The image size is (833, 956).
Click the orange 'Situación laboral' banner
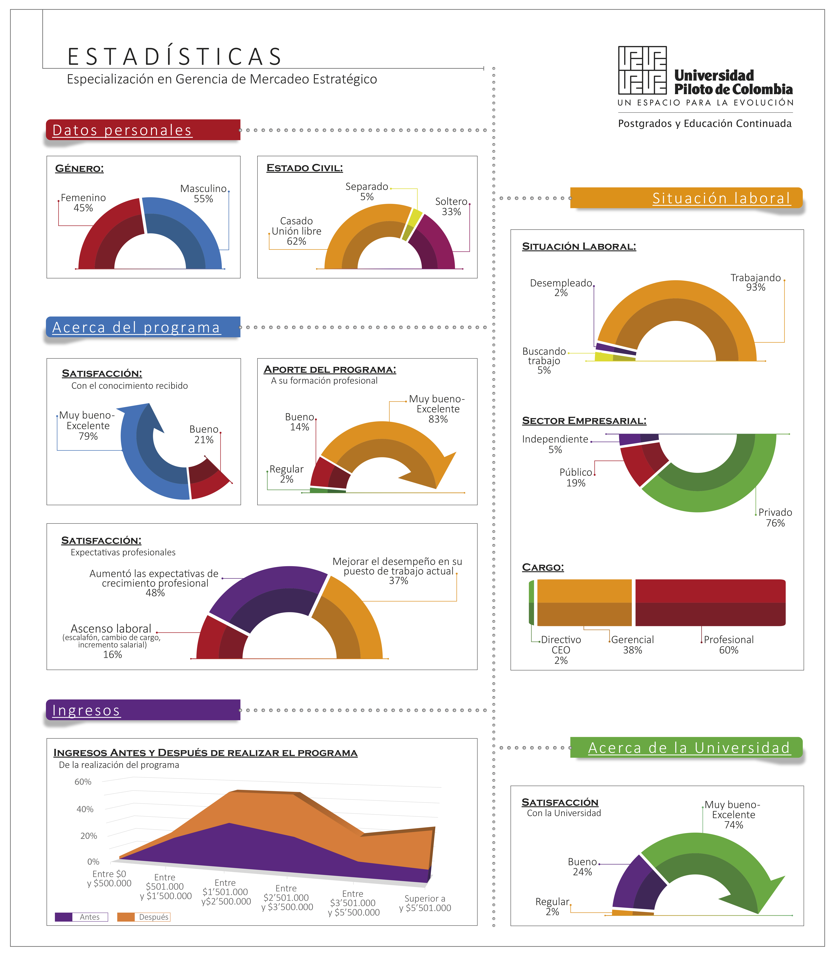[686, 198]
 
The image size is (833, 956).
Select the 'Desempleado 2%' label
[561, 288]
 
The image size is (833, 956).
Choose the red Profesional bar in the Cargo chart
[710, 603]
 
